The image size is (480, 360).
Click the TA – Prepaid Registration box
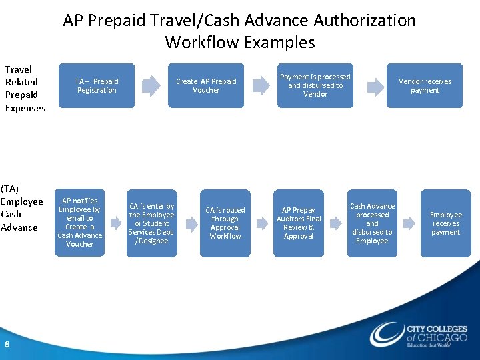click(96, 85)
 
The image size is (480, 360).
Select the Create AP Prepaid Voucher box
click(205, 85)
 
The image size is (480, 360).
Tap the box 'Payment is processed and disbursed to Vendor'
click(315, 85)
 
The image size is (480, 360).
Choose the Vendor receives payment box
click(425, 85)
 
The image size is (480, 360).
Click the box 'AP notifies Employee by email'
click(79, 223)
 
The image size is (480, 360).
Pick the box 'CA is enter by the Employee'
click(152, 223)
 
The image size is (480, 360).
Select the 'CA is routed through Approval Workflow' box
click(225, 223)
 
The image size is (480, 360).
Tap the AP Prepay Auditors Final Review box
click(299, 223)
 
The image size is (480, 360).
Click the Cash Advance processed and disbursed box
click(372, 223)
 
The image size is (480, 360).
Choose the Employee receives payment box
click(445, 223)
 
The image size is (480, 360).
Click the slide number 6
click(7, 344)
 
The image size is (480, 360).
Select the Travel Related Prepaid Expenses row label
click(25, 89)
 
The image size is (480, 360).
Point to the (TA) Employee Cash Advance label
click(21, 208)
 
